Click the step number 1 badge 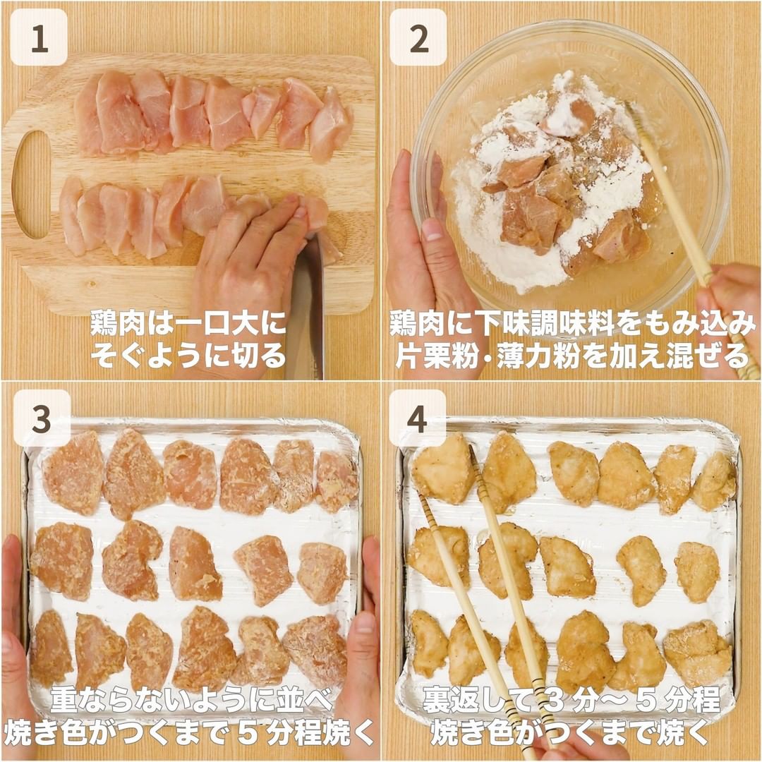[39, 37]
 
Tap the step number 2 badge [418, 37]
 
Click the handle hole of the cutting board [30, 184]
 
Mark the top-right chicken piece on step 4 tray [714, 481]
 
